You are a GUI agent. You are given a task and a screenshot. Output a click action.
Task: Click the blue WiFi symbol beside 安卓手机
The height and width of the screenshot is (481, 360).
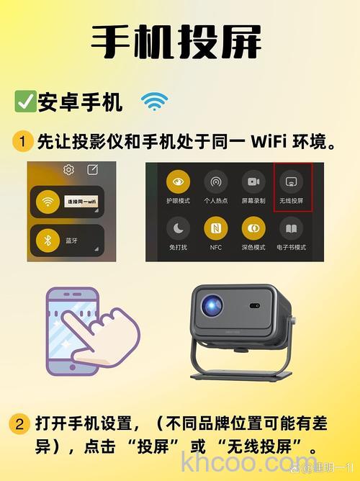coord(154,102)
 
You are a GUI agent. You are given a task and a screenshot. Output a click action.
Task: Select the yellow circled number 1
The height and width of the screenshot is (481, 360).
coord(22,141)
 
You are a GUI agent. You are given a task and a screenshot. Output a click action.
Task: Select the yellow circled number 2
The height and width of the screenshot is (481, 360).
coord(19,423)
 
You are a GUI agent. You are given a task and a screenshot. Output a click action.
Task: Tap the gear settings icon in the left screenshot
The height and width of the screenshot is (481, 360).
coord(69,170)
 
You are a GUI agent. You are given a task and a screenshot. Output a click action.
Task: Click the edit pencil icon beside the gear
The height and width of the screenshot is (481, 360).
coord(92,170)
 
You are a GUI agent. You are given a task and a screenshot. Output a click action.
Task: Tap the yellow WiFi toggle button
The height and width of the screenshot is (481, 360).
coord(48,202)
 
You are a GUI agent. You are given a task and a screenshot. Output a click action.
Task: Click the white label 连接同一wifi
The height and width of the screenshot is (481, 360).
coord(81,203)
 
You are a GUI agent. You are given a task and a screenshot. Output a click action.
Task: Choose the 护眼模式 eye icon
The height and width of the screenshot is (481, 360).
coord(178,181)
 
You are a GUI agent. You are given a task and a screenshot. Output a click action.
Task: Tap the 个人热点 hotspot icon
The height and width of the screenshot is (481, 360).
coord(215,181)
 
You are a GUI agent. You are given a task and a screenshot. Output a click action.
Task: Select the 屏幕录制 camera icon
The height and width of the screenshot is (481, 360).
coord(253,181)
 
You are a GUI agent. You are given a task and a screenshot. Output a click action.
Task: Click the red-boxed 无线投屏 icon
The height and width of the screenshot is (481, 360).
coord(292,181)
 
